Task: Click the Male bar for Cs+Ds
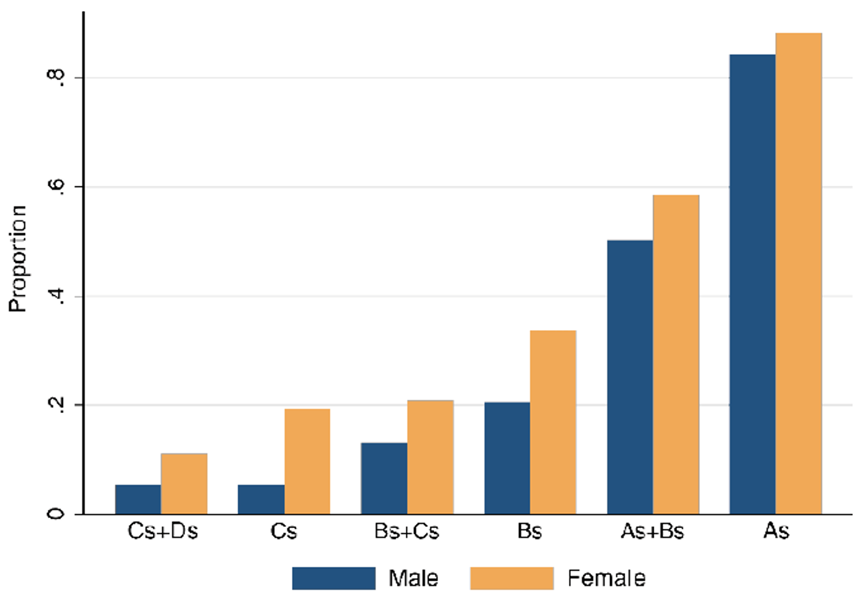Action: (138, 500)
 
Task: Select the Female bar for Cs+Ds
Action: (184, 484)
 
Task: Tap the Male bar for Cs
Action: (261, 500)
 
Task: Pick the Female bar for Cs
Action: (307, 462)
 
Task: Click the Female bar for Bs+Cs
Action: (430, 457)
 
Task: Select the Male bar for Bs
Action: (507, 459)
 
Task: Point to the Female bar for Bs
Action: (553, 422)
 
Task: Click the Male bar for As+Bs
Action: (630, 377)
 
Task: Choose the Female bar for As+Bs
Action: (676, 355)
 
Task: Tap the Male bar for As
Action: (752, 285)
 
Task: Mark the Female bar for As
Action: (799, 273)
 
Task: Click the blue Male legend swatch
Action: (333, 578)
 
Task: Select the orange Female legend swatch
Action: (511, 578)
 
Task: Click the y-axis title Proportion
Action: (18, 258)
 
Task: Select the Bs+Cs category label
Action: (407, 532)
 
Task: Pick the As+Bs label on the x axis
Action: (653, 532)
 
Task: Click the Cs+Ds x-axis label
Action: (163, 532)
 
